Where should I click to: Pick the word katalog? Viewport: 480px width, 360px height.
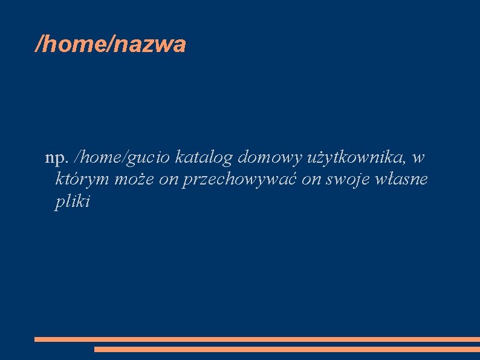(204, 159)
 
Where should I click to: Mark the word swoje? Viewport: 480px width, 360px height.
(349, 180)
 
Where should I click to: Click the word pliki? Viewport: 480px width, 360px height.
(72, 201)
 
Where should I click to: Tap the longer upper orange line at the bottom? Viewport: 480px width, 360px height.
(257, 339)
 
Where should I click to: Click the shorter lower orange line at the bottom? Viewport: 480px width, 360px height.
(287, 349)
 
